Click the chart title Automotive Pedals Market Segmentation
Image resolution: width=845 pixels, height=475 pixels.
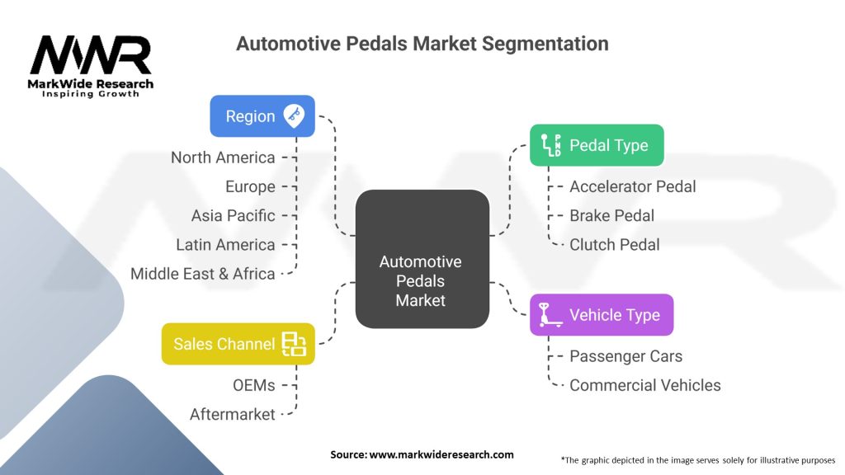coord(422,44)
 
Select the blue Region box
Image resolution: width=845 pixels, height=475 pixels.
coord(262,116)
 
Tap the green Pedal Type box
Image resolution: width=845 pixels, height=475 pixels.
coord(596,145)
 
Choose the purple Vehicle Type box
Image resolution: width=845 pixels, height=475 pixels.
coord(601,315)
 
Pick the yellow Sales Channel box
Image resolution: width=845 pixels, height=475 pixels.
coord(238,344)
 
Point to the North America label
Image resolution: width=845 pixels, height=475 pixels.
coord(223,158)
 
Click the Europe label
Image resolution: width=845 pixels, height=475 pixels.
coord(250,186)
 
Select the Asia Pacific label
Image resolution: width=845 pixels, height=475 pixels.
coord(233,215)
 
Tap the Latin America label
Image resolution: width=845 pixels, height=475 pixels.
coord(225,244)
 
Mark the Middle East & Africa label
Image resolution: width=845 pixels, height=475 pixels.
coord(203,274)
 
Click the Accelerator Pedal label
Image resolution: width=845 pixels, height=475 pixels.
coord(632,186)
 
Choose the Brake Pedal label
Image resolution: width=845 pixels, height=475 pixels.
coord(611,215)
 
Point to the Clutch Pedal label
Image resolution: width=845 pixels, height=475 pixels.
coord(614,244)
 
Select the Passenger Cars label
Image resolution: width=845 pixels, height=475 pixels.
coord(625,356)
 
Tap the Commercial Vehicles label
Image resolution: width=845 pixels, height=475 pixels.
coord(644,385)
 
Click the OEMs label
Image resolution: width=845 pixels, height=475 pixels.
coord(253,385)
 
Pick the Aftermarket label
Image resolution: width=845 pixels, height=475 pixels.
coord(232,414)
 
